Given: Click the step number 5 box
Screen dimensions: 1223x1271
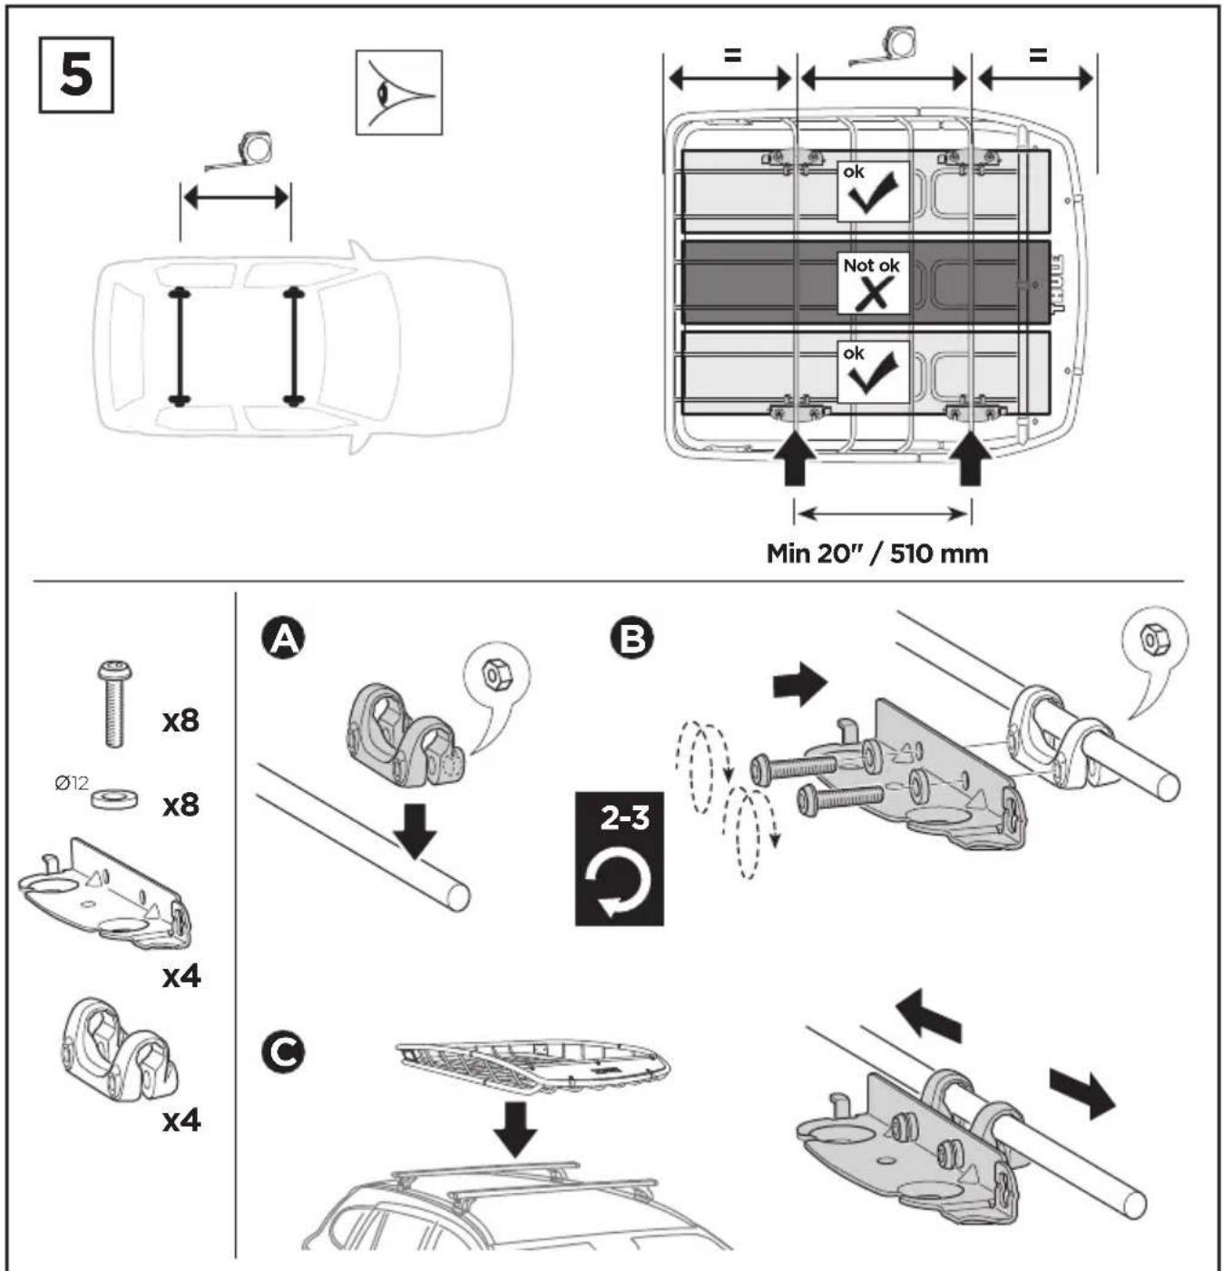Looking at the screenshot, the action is tap(76, 75).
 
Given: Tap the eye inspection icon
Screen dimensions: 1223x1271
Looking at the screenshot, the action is tap(398, 93).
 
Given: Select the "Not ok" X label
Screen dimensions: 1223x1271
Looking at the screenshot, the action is tap(873, 284).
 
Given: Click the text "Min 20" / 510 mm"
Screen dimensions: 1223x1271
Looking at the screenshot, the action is tap(876, 554).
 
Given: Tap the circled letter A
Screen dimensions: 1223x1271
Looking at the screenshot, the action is tap(282, 639).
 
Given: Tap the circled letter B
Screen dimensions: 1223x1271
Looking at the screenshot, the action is tap(631, 639).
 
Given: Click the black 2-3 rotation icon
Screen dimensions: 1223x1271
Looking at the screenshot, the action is tap(620, 858).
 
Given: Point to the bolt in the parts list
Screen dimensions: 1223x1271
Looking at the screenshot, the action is tap(114, 703).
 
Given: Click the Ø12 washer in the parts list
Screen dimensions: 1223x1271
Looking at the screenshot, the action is tap(113, 798).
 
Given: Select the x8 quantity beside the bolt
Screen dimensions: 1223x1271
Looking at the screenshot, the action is tap(181, 721).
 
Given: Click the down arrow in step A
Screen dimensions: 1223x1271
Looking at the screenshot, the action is tap(416, 830).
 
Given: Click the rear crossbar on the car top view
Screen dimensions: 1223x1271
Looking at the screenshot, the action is tap(179, 347).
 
